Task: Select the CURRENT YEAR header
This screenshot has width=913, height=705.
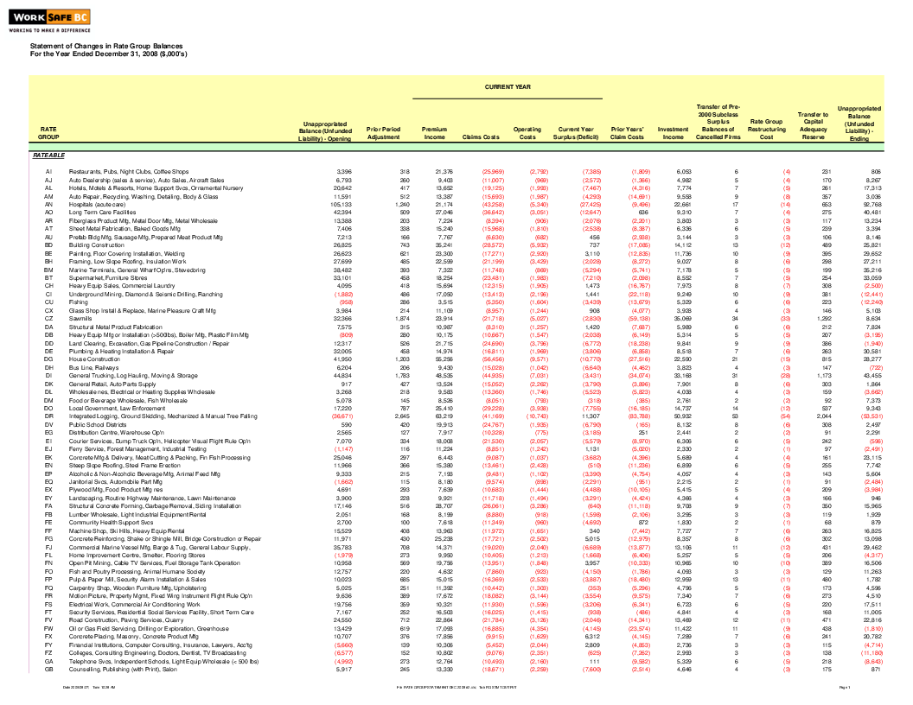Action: (508, 87)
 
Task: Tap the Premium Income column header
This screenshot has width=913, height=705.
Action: (434, 133)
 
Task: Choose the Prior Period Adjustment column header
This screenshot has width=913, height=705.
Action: (384, 133)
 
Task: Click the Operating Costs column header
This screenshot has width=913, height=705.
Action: (527, 133)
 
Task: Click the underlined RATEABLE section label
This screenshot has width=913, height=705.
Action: (48, 156)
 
